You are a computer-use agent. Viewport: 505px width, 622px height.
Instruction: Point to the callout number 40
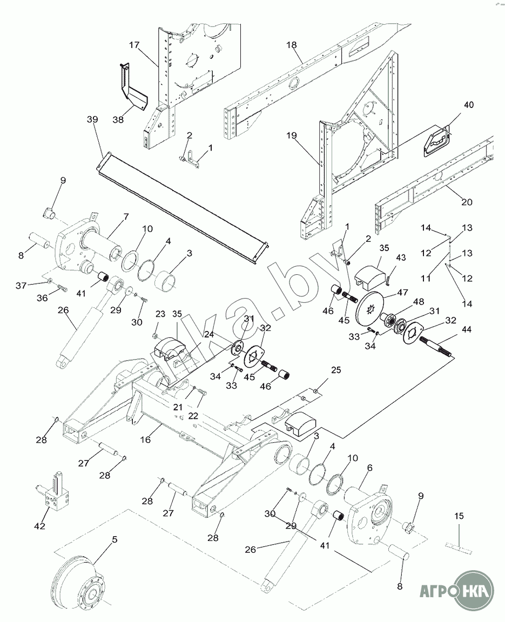point(468,105)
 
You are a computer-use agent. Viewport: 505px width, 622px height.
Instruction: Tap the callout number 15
point(459,517)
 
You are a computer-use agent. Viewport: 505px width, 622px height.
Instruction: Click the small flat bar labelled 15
point(458,547)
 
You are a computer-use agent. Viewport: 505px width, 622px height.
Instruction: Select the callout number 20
point(467,202)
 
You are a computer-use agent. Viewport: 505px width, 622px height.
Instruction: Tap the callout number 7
point(126,217)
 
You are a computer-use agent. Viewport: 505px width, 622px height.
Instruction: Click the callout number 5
point(114,540)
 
